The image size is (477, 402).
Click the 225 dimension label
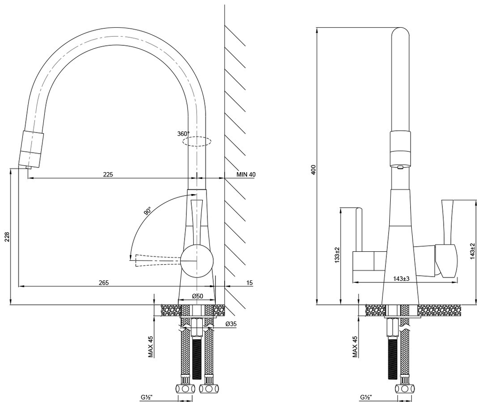click(x=108, y=174)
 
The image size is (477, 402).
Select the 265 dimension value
click(x=104, y=282)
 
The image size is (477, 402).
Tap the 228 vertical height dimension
click(x=7, y=237)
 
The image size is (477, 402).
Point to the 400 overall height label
click(x=314, y=169)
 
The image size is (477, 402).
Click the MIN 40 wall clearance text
click(x=246, y=174)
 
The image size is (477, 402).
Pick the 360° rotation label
click(x=183, y=134)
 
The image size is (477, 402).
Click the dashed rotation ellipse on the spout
click(x=197, y=142)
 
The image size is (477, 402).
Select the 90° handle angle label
click(x=147, y=210)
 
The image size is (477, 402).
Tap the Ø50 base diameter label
click(x=198, y=296)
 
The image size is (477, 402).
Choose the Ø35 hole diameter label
click(x=231, y=324)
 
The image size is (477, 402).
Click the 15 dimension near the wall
click(x=249, y=283)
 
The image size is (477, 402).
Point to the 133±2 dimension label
click(x=337, y=255)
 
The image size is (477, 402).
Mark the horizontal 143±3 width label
click(x=402, y=278)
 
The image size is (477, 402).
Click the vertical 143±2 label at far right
click(x=472, y=251)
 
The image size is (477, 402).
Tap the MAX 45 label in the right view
click(x=355, y=346)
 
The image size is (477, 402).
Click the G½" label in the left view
click(x=146, y=397)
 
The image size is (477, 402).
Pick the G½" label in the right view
click(x=366, y=397)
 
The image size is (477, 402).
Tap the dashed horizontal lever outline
click(x=155, y=261)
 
